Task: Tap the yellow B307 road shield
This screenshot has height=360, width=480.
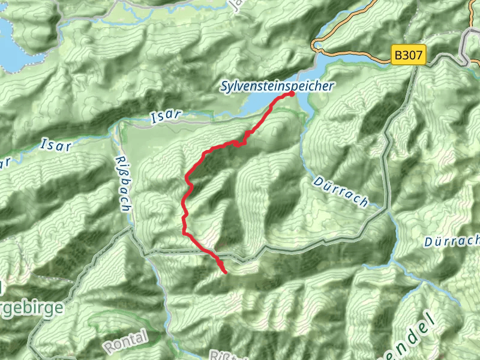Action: tap(409, 56)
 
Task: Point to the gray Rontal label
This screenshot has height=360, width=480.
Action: tap(125, 342)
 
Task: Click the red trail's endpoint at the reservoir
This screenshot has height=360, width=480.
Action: tap(292, 94)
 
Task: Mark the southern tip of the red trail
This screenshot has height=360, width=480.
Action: tap(225, 272)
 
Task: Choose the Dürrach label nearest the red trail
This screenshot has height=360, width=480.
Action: tap(340, 191)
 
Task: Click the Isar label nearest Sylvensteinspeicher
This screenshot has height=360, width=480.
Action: tap(162, 118)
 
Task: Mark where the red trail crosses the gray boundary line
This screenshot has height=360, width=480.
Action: tap(212, 253)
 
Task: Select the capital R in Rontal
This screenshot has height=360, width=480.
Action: tap(109, 347)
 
